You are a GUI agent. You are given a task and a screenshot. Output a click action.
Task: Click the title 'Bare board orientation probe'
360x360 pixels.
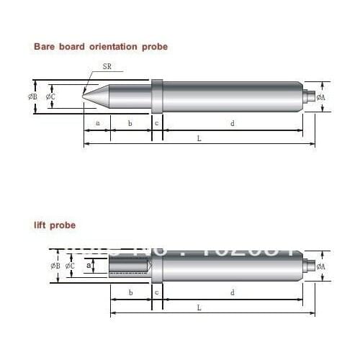click(101, 46)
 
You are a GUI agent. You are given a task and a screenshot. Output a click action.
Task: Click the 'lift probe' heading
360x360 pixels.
click(54, 225)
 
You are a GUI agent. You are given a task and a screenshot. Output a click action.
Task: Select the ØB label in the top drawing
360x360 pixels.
click(33, 96)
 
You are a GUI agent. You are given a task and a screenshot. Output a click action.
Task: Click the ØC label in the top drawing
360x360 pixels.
click(50, 96)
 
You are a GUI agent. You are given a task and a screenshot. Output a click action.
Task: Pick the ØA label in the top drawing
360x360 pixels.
click(320, 96)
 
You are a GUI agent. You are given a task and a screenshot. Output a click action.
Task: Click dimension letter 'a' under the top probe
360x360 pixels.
click(97, 123)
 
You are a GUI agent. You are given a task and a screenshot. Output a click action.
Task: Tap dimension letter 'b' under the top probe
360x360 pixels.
click(130, 123)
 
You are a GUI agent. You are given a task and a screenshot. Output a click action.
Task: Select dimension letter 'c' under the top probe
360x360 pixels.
click(157, 123)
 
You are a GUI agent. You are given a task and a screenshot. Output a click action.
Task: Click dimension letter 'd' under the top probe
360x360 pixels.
click(232, 123)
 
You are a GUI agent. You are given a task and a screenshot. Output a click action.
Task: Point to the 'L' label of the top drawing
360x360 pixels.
click(199, 138)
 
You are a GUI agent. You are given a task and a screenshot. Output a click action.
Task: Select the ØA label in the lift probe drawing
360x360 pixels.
click(320, 266)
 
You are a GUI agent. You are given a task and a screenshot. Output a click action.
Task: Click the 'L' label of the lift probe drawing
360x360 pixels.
click(199, 307)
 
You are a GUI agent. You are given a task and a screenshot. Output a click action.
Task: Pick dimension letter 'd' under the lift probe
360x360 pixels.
click(232, 292)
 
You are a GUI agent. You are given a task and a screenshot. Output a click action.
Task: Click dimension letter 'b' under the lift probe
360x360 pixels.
click(130, 292)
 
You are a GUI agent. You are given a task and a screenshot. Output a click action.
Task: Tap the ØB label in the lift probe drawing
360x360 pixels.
click(55, 266)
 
